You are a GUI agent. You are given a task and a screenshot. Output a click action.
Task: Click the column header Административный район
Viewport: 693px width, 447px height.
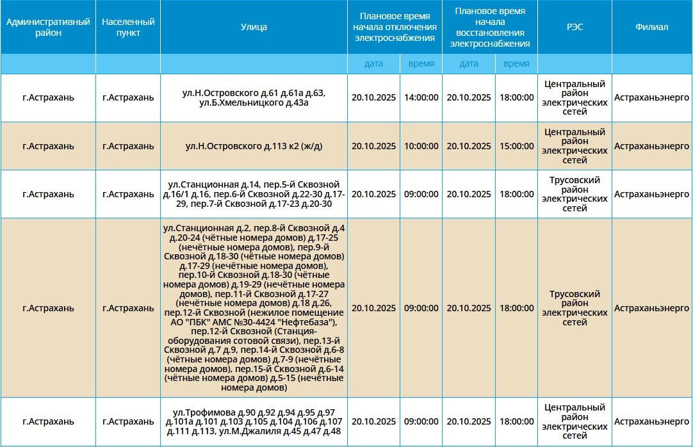click(x=48, y=27)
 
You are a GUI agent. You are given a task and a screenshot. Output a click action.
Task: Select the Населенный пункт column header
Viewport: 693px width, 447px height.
click(x=128, y=27)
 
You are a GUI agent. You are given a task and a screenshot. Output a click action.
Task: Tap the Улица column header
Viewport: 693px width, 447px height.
click(x=254, y=27)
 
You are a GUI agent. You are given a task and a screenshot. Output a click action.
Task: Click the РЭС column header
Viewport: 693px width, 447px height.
click(x=575, y=27)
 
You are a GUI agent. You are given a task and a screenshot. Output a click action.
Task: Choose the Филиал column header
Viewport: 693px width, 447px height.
click(x=651, y=27)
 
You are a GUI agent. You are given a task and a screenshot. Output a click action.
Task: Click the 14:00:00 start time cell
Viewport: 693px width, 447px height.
click(x=421, y=98)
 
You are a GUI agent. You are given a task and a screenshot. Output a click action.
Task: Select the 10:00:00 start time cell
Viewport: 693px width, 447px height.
click(x=421, y=146)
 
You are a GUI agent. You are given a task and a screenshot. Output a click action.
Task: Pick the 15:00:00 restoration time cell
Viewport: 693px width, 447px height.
click(x=516, y=146)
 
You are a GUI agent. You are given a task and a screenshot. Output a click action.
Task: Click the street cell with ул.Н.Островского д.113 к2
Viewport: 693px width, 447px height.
click(x=254, y=146)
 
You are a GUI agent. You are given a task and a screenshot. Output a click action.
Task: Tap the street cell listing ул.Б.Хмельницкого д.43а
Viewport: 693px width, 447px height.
click(x=254, y=102)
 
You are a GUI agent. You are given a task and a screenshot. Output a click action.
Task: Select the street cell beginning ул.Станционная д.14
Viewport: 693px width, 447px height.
click(x=254, y=194)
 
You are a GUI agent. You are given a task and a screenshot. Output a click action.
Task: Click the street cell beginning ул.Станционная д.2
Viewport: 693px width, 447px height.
click(x=254, y=308)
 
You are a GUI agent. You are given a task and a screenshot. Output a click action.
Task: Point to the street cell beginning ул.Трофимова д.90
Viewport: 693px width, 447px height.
click(x=254, y=421)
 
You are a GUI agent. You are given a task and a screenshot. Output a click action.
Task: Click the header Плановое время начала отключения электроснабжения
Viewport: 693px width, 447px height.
click(x=395, y=27)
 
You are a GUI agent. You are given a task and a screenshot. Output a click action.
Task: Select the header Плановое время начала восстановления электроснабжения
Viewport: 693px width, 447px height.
click(x=490, y=27)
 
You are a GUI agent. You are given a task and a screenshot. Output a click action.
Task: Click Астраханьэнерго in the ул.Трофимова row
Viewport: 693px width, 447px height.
click(x=651, y=422)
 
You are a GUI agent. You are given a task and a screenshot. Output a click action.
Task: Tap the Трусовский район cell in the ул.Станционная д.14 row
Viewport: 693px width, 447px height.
click(x=575, y=194)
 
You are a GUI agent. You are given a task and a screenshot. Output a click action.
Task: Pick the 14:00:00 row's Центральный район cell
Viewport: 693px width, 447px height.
click(x=575, y=98)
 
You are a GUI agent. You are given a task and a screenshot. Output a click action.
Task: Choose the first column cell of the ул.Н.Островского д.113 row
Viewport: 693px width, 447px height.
click(x=48, y=146)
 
